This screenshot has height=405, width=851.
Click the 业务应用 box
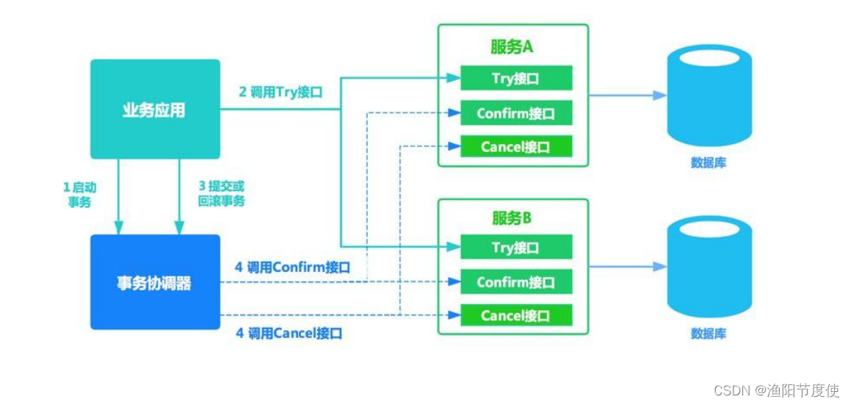click(155, 110)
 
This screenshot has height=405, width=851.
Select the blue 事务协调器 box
click(155, 282)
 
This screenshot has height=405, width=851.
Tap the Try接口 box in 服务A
click(515, 78)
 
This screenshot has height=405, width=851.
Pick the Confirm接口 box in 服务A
click(515, 113)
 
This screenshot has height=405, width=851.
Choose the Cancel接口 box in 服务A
click(515, 147)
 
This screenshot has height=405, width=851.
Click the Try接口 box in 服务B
click(515, 247)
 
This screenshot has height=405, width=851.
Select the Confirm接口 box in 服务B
click(515, 282)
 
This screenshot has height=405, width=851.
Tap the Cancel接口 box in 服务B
click(515, 315)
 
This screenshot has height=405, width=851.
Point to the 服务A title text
click(512, 47)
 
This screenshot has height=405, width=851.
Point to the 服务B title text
click(512, 218)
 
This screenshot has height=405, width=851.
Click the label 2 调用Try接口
click(280, 93)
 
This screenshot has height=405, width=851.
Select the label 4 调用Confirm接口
click(292, 268)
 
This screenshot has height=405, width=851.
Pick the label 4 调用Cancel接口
click(289, 333)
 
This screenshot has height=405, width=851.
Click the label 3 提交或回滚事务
click(221, 194)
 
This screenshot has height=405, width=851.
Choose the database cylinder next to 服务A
click(709, 96)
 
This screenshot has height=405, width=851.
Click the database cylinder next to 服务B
click(709, 268)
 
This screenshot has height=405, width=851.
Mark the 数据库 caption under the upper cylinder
click(709, 162)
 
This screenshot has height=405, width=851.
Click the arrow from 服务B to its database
click(629, 267)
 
